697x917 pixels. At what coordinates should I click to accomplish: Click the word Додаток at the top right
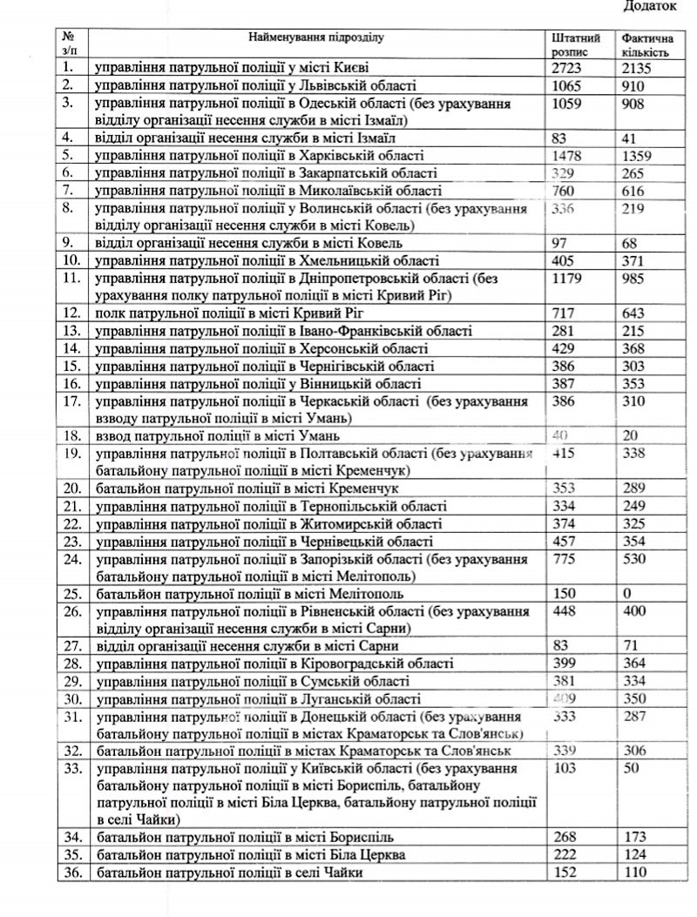(x=652, y=7)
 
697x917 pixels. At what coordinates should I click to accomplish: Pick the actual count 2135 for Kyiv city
(x=640, y=67)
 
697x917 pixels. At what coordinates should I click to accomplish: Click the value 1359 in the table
(x=640, y=156)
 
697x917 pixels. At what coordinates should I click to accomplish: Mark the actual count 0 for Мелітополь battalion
(x=627, y=593)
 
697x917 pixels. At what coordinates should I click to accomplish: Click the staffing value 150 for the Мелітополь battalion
(x=566, y=593)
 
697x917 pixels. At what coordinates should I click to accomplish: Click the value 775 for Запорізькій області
(x=566, y=561)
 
